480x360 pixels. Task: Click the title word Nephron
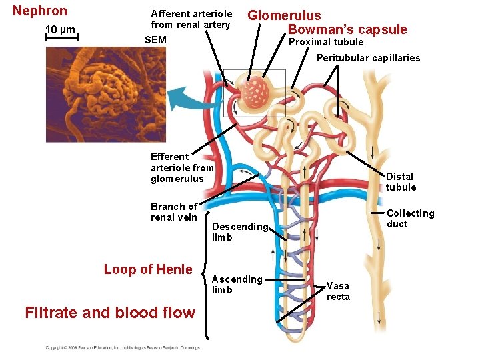(x=40, y=11)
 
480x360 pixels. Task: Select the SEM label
(x=155, y=40)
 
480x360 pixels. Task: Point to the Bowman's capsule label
(x=347, y=29)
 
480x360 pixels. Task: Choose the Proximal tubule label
(x=325, y=42)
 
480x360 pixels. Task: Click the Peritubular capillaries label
(x=368, y=58)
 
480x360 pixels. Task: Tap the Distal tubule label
(x=400, y=181)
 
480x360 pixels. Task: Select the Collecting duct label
(x=410, y=218)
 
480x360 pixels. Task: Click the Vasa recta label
(x=338, y=291)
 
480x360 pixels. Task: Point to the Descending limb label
(x=239, y=231)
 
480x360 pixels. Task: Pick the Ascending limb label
(x=237, y=284)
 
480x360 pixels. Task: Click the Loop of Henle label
(x=147, y=269)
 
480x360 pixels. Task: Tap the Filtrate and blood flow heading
(x=109, y=312)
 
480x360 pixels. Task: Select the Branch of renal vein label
(x=174, y=211)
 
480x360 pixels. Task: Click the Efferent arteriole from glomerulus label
(x=182, y=167)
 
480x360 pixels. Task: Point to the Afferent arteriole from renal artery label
(x=191, y=19)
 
